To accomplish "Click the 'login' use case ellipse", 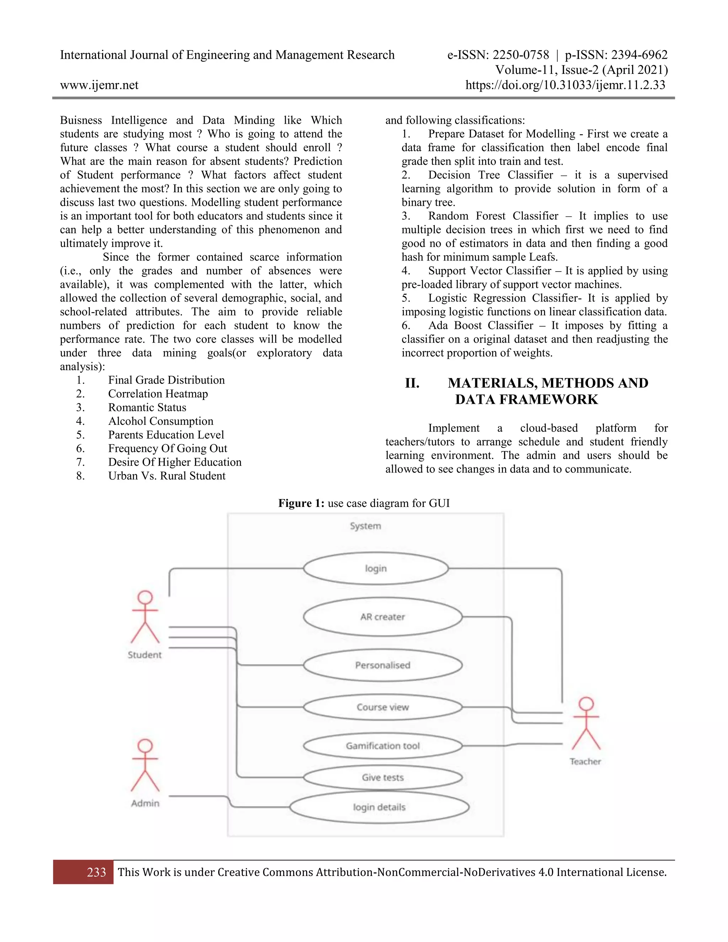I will [376, 568].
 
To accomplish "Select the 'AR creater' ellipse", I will [382, 617].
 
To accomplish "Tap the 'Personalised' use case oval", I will [382, 665].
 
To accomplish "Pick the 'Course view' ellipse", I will [382, 707].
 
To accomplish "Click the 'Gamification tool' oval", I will [382, 746].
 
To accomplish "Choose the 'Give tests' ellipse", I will [382, 777].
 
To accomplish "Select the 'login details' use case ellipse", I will [379, 807].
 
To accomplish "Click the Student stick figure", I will [145, 617].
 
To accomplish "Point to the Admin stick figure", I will [145, 766].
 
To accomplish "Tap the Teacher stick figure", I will [586, 724].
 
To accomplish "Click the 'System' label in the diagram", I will [365, 526].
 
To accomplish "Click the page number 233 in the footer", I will [96, 872].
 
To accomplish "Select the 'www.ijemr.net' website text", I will [99, 85].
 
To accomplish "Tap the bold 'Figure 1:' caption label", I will [301, 503].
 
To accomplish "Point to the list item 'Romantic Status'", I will [147, 408].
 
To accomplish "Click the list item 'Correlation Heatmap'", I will [158, 394].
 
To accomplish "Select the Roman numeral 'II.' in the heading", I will [412, 383].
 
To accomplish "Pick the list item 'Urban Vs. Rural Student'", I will [166, 476].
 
